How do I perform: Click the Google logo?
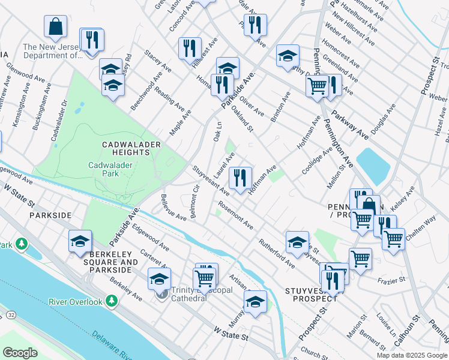(x=20, y=353)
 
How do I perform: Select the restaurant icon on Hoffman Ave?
(x=240, y=178)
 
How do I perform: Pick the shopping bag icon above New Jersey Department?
(x=55, y=27)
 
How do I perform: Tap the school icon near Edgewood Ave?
(x=80, y=241)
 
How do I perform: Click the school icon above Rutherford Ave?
(x=297, y=242)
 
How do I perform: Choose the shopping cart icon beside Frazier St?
(x=360, y=260)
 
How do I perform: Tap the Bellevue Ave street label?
(x=173, y=207)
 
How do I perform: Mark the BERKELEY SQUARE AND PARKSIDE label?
(x=110, y=258)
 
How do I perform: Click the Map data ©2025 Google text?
(x=411, y=355)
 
